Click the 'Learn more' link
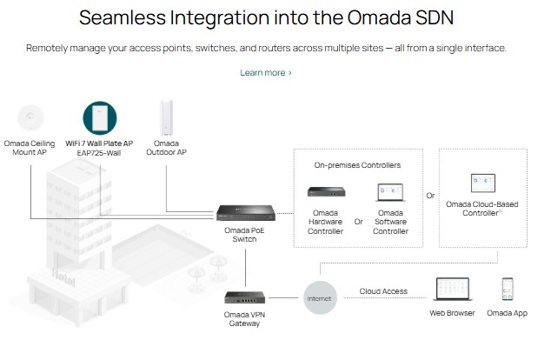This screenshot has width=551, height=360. point(266,72)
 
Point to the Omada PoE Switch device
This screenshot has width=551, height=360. point(242,212)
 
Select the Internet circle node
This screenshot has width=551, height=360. point(319,298)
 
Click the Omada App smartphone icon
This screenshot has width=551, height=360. point(507,289)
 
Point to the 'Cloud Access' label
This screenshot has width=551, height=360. point(384,291)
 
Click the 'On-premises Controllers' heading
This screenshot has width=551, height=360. point(358,164)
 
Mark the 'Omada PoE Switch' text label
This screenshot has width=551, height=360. point(242,235)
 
